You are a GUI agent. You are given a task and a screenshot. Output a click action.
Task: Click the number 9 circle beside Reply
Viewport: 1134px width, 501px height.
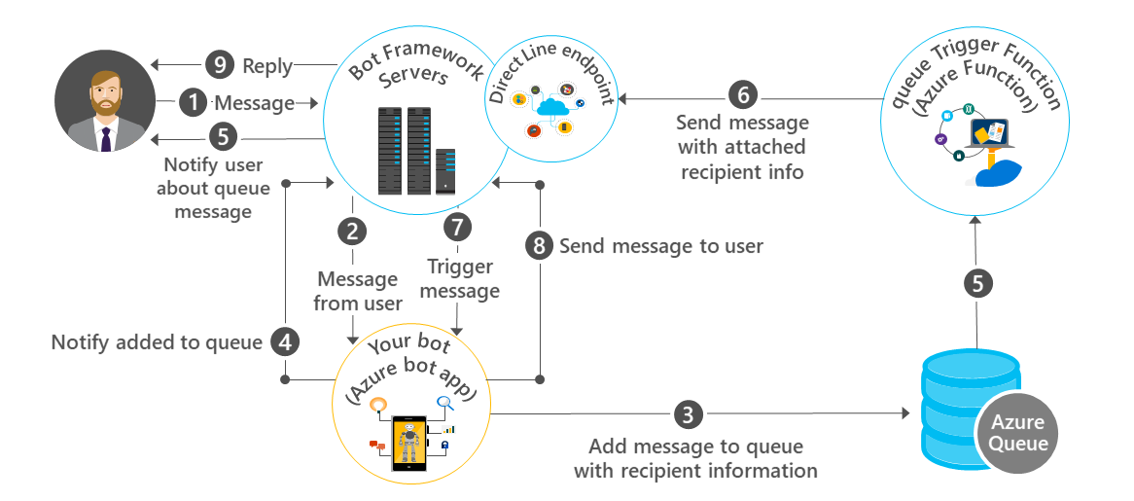click(220, 65)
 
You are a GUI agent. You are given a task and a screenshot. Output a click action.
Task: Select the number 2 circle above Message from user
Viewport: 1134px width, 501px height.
click(352, 231)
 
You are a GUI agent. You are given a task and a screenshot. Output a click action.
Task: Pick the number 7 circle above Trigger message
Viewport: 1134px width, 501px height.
click(456, 227)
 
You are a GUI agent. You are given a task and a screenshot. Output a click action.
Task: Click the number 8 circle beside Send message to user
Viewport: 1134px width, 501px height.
click(539, 245)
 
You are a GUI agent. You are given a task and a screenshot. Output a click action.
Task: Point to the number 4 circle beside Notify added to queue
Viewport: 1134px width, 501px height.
click(284, 341)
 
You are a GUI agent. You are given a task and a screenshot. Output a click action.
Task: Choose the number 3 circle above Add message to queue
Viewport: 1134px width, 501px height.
click(688, 414)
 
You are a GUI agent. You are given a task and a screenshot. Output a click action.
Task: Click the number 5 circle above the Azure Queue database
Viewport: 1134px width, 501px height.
click(977, 284)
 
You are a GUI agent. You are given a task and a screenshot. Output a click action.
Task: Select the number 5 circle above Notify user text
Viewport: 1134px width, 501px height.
click(221, 138)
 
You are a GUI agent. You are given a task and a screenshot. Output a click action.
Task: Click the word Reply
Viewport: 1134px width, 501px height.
click(267, 66)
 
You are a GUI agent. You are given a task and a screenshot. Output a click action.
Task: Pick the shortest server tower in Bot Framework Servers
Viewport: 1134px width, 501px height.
click(446, 169)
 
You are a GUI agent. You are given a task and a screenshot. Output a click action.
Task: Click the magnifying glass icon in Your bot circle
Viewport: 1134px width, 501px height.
click(445, 403)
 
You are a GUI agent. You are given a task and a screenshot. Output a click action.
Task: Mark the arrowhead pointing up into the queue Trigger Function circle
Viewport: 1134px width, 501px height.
click(977, 222)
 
